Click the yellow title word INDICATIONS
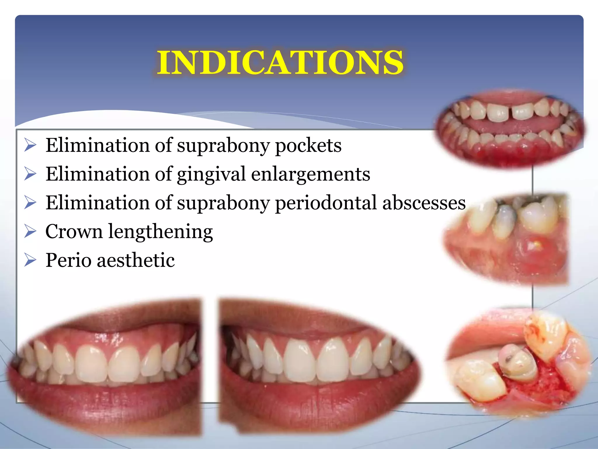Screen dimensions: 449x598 [280, 63]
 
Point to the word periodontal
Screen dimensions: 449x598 [326, 203]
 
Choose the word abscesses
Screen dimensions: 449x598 [424, 203]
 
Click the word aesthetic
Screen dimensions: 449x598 [136, 260]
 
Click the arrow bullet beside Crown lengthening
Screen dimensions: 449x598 [30, 232]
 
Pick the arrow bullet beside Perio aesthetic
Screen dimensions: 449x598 [30, 260]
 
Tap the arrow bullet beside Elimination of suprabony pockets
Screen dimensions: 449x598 [30, 145]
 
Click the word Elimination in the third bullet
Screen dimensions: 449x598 [98, 203]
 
